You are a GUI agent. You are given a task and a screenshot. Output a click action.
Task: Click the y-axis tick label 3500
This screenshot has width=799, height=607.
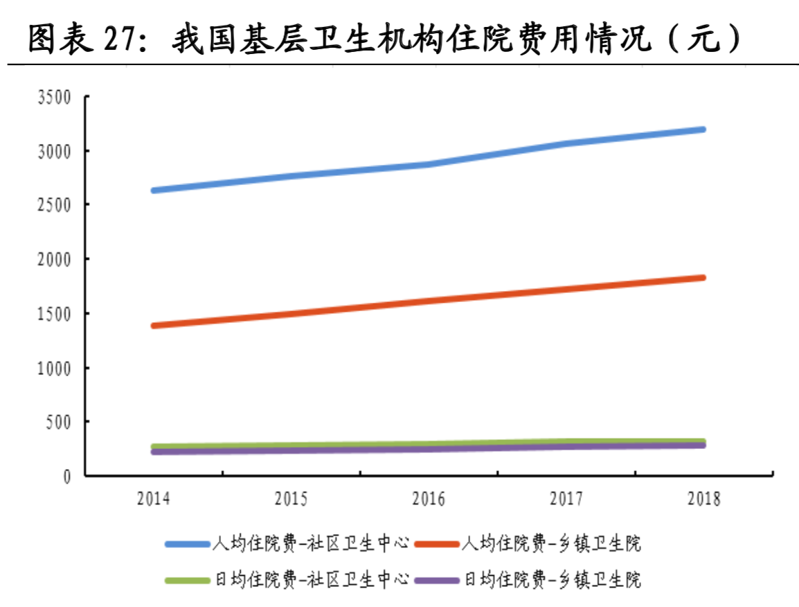55,97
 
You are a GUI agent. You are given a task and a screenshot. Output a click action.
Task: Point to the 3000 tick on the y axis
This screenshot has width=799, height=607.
55,151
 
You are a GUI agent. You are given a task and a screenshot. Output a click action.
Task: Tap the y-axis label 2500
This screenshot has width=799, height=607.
55,205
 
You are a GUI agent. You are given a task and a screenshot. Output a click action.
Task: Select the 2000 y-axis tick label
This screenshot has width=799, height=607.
55,259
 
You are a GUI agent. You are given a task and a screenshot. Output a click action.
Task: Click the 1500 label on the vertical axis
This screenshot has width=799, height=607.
55,314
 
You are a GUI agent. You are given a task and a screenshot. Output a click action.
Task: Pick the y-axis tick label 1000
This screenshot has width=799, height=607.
55,368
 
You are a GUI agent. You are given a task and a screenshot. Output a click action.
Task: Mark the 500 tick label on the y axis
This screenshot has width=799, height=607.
59,422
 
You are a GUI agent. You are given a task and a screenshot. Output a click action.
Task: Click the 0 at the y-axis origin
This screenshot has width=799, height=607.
67,477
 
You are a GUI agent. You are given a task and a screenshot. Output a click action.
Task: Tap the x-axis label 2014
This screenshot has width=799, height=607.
154,499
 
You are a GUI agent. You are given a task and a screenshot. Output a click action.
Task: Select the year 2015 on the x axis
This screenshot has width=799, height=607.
291,499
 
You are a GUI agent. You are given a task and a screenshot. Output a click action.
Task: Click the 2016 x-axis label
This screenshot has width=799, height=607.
429,499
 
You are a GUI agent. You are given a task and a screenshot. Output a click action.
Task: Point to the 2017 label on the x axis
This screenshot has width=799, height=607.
566,499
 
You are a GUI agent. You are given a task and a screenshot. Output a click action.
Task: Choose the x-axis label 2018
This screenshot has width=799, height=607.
704,499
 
